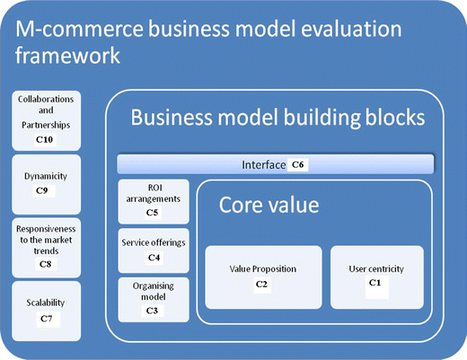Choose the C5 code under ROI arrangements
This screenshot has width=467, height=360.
(x=152, y=213)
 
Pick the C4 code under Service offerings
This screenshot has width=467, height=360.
(x=152, y=258)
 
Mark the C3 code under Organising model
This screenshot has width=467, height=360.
(x=152, y=310)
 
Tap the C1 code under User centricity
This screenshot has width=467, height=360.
(x=374, y=284)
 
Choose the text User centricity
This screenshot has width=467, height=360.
(x=375, y=268)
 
